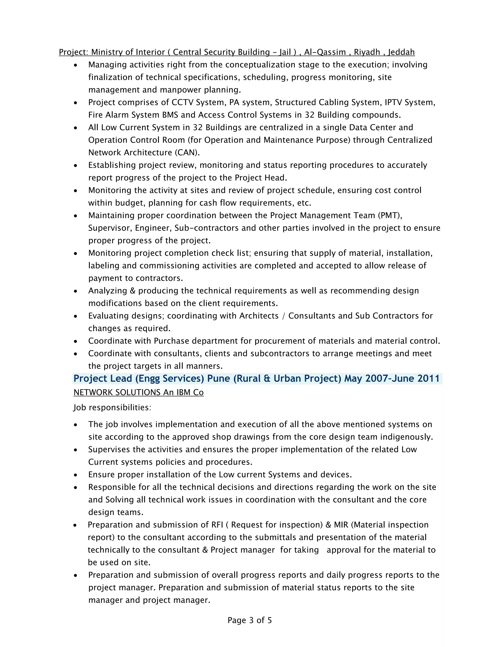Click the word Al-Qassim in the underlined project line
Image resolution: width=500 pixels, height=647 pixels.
(x=325, y=52)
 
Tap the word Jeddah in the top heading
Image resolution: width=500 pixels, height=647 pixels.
(x=401, y=52)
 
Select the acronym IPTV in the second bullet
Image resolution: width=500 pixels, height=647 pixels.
(x=393, y=102)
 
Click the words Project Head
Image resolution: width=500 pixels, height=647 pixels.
(x=261, y=178)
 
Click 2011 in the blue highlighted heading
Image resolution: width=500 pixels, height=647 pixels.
(x=428, y=379)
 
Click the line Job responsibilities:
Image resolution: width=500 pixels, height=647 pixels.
(x=112, y=408)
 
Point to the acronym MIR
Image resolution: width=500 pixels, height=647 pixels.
(x=341, y=525)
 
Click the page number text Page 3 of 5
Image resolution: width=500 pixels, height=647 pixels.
(x=250, y=620)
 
